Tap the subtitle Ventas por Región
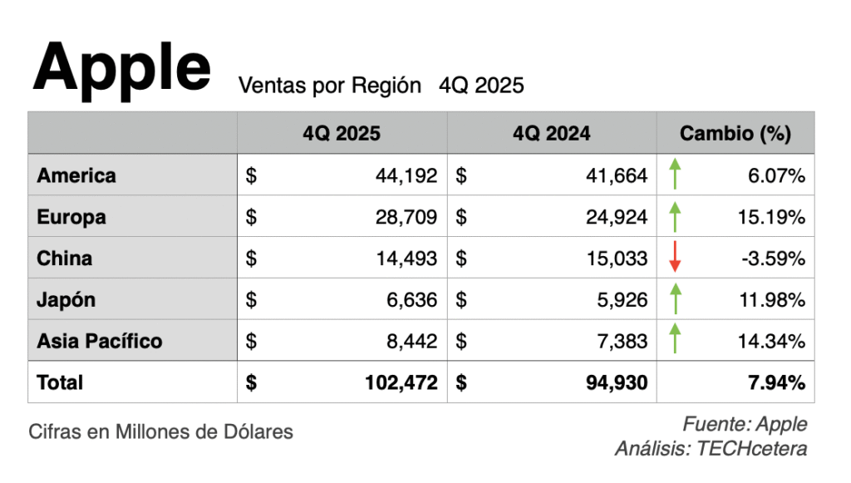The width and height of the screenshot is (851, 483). point(330,85)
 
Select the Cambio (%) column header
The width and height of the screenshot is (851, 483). point(735,133)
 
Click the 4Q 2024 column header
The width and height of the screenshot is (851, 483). point(552,133)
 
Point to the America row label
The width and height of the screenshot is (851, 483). point(76,175)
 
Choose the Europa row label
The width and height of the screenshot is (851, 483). point(71,217)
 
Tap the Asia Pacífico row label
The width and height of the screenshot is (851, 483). point(100,341)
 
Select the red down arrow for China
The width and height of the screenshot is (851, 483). point(675,258)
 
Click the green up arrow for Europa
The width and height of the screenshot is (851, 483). point(675,217)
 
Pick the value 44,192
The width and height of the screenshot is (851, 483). point(406,175)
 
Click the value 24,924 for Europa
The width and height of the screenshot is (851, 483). point(616,217)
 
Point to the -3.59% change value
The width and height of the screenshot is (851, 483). point(774,259)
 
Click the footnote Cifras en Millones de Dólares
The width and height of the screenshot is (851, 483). point(160,432)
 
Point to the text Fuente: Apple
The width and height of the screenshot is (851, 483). point(745,424)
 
